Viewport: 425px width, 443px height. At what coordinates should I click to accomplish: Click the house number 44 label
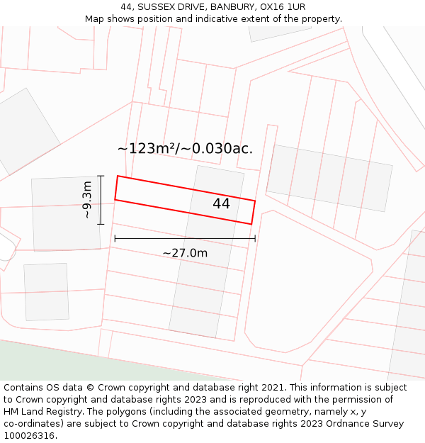click(221, 203)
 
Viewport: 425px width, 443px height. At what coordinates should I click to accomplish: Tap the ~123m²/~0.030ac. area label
click(185, 148)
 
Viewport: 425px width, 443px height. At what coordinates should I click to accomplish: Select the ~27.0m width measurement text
click(185, 253)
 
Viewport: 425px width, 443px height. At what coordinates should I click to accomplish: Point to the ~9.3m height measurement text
click(86, 200)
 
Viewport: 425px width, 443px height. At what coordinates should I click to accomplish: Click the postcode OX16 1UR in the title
click(283, 6)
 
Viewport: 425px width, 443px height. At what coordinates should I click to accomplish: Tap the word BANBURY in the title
click(229, 6)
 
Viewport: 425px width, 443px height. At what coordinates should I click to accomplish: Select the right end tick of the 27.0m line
click(255, 238)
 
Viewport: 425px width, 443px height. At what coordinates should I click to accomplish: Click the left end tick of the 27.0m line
click(115, 238)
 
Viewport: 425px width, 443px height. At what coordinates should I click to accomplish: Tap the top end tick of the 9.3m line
click(101, 176)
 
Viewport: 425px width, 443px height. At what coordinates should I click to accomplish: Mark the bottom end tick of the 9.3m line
click(101, 224)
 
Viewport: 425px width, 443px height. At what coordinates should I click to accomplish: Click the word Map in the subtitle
click(95, 18)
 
